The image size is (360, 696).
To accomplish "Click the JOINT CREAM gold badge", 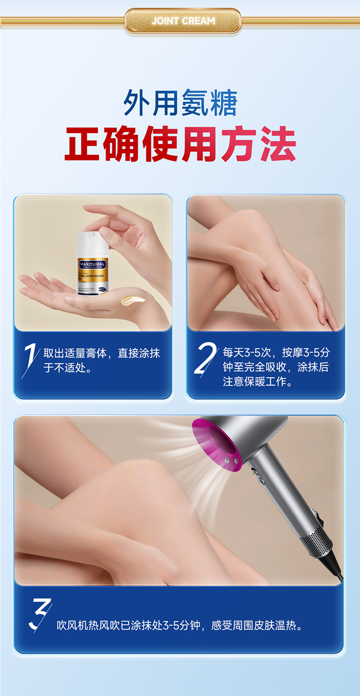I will (183, 21).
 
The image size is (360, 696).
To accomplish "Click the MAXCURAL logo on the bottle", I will (93, 264).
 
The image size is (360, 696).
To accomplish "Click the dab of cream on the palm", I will (132, 301).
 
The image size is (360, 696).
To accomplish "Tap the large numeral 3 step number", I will (40, 615).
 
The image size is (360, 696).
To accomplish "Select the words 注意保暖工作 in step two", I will (257, 382).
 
